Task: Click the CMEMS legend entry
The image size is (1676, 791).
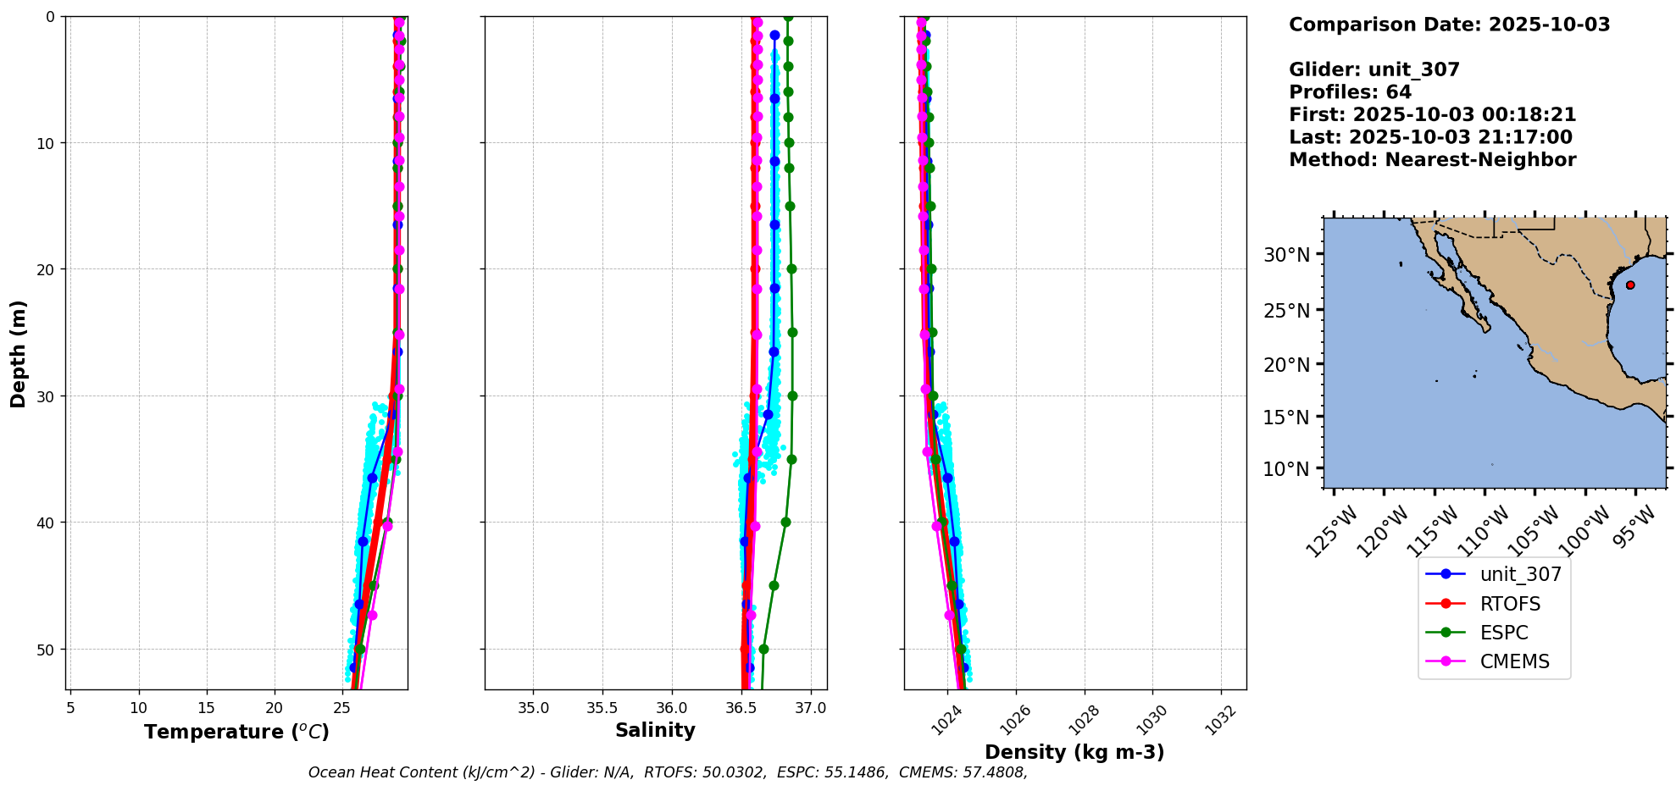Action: tap(1513, 661)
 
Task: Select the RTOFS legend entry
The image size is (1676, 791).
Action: tap(1510, 604)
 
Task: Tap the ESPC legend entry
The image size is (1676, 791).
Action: tap(1504, 633)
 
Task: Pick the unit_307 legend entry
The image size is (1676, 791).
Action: tap(1520, 574)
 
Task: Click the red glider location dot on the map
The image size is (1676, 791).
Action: tap(1630, 285)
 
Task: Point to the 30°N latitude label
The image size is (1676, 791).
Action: tap(1286, 255)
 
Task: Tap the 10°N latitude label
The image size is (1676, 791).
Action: tap(1286, 469)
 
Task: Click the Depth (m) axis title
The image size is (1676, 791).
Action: tap(19, 353)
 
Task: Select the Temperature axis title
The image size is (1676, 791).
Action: tap(236, 732)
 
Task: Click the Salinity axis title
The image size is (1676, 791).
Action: tap(655, 730)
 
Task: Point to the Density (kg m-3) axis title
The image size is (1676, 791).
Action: tap(1074, 752)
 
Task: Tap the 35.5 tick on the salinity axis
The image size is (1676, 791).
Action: tap(602, 708)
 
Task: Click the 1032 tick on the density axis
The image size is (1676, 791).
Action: tap(1220, 721)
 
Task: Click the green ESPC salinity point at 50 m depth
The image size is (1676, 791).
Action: tap(763, 650)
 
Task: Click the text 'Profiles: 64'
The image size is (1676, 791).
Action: tap(1350, 92)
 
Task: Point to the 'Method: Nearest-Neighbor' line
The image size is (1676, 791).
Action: tap(1432, 160)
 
